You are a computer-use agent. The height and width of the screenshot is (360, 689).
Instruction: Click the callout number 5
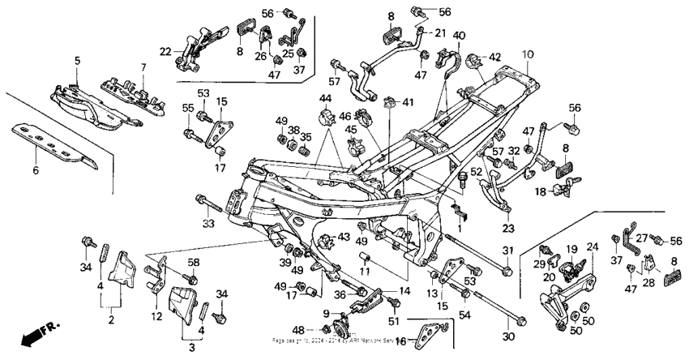point(78,60)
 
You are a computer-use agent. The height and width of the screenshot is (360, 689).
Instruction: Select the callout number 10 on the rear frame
point(527,54)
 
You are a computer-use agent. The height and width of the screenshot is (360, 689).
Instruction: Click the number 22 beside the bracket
point(165,51)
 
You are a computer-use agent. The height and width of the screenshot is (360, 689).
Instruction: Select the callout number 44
point(326,98)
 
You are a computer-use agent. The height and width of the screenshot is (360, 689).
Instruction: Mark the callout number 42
point(494,57)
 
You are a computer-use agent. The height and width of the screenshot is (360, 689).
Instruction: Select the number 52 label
point(476,173)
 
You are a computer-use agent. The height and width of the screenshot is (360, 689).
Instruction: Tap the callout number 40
point(459,35)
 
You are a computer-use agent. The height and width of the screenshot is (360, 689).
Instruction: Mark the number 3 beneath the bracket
point(191,347)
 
